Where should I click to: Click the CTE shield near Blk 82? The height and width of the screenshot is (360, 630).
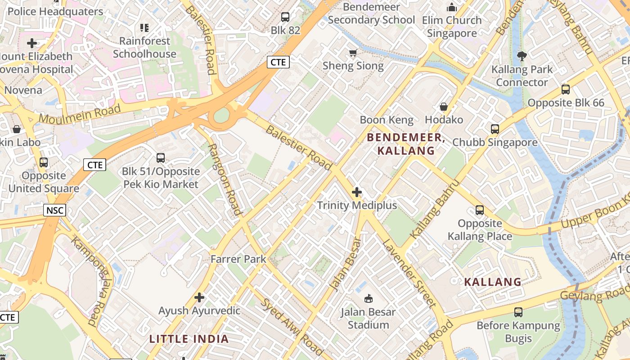pos(278,62)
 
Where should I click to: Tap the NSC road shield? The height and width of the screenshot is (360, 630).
pos(55,210)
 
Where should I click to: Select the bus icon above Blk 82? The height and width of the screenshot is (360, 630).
pos(285,17)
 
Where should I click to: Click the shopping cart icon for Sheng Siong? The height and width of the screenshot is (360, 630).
pos(353,53)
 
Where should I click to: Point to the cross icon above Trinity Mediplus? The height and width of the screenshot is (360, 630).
pos(357,193)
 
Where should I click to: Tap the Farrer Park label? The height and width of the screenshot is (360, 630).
pos(238,259)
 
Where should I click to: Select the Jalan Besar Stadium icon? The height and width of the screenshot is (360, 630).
pos(368,298)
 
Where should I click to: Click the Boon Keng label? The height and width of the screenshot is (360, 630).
pos(387,120)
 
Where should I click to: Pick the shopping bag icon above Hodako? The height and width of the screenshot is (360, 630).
pos(444,107)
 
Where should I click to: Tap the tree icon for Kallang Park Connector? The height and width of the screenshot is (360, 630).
pos(522,56)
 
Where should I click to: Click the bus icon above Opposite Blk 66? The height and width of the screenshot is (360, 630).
pos(566,90)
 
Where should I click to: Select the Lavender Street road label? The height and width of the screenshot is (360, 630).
pos(409,274)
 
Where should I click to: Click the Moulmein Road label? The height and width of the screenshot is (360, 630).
pos(80,113)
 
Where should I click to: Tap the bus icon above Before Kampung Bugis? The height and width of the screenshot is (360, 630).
pos(518,312)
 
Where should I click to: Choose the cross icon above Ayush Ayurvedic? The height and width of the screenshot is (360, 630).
pos(199,297)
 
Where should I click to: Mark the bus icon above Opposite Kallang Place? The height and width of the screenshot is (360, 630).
pos(480,210)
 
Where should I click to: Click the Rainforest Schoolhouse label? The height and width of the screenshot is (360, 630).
pos(144,47)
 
